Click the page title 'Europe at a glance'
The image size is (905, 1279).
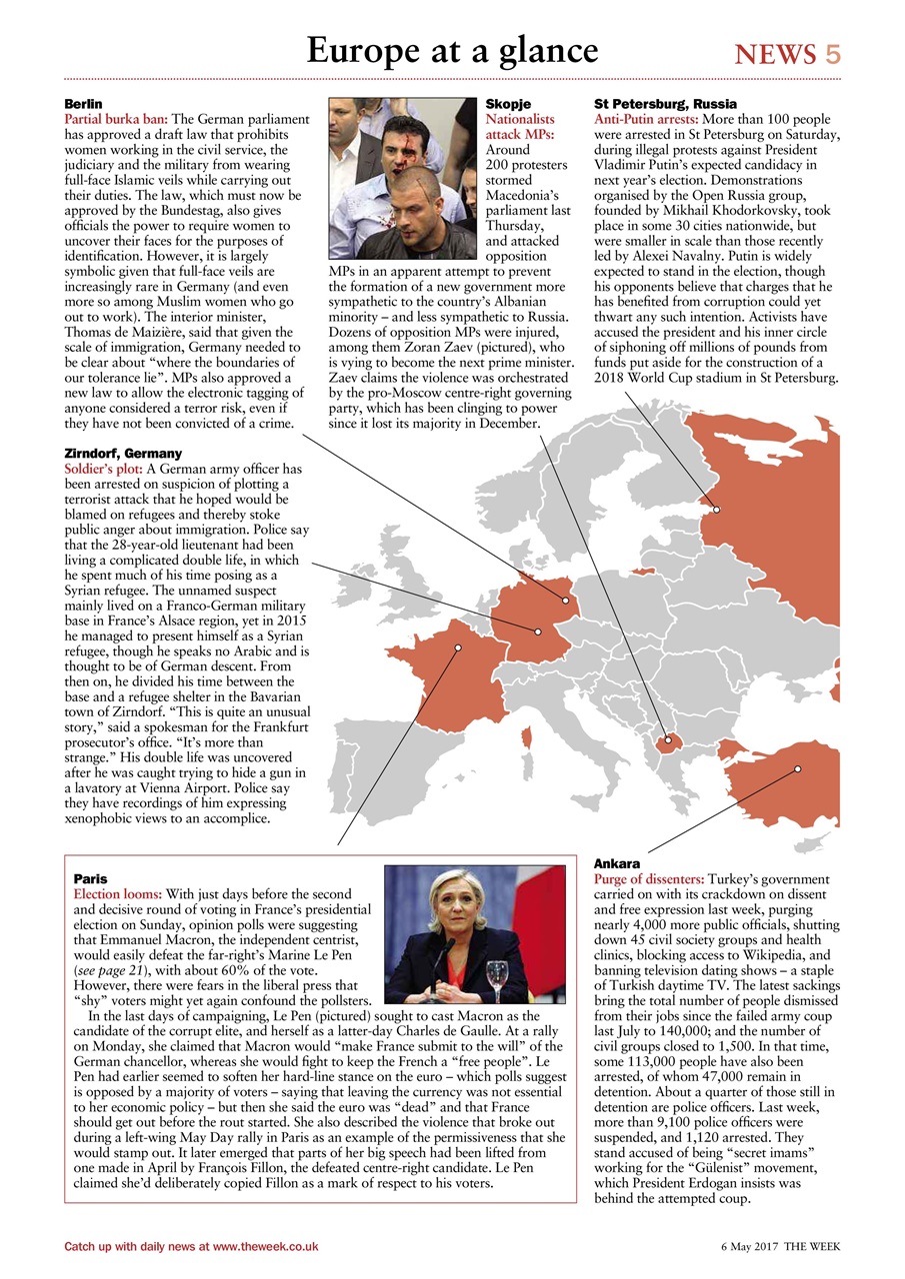pyautogui.click(x=452, y=50)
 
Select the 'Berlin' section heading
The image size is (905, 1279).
pyautogui.click(x=84, y=104)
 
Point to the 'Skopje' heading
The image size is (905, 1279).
pyautogui.click(x=508, y=104)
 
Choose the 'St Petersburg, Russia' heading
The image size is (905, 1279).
pyautogui.click(x=665, y=104)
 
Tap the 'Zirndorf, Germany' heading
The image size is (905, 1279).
pyautogui.click(x=123, y=454)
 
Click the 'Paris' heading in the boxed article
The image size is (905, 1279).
pyautogui.click(x=91, y=878)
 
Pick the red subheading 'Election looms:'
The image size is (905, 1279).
pyautogui.click(x=118, y=893)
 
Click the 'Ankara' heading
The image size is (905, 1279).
pyautogui.click(x=617, y=862)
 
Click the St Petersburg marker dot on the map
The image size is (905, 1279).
pyautogui.click(x=717, y=510)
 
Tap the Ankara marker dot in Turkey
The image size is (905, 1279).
pyautogui.click(x=798, y=768)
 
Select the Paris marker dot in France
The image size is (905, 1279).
pyautogui.click(x=458, y=647)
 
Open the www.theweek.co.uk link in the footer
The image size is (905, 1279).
pyautogui.click(x=265, y=1247)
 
